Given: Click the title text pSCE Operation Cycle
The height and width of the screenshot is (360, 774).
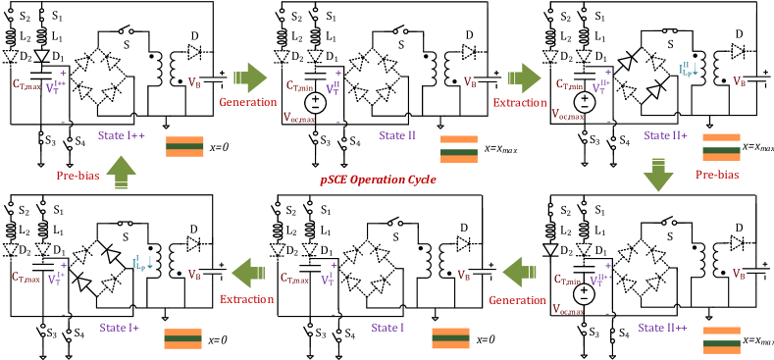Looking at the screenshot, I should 378,180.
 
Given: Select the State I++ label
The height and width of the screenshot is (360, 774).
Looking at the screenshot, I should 122,134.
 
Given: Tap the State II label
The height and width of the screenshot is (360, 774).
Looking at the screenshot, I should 397,134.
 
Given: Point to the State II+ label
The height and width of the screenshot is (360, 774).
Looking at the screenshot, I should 665,134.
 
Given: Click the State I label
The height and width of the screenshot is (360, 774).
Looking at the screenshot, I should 388,327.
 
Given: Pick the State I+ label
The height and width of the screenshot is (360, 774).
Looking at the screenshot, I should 119,327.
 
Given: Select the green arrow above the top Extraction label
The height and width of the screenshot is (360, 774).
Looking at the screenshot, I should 525,77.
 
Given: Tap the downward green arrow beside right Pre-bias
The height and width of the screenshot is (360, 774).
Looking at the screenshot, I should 657,175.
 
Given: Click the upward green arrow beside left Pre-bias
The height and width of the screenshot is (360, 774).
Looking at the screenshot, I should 121,172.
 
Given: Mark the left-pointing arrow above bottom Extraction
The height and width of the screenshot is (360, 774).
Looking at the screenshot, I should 248,272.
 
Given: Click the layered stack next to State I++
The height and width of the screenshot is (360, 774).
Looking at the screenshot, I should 184,146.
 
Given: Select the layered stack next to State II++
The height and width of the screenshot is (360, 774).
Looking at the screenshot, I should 721,339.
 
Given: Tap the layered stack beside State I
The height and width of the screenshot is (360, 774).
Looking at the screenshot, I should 450,338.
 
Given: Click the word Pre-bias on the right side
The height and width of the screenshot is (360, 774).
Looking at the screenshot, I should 716,175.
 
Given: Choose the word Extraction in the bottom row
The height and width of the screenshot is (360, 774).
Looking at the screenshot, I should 246,299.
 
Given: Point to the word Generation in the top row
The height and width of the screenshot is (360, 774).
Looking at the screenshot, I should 247,102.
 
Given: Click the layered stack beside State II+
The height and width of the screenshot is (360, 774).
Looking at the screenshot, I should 721,146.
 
